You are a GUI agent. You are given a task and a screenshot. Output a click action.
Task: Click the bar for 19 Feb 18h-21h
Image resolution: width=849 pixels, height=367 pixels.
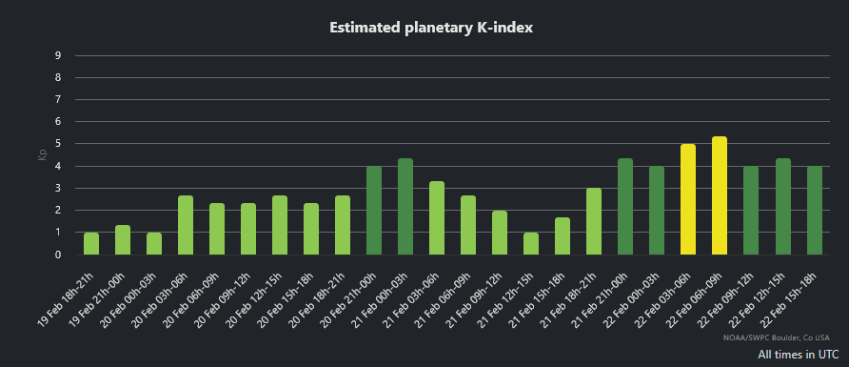point(91,244)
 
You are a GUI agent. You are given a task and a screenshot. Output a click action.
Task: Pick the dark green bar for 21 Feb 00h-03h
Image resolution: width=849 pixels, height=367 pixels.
point(405,207)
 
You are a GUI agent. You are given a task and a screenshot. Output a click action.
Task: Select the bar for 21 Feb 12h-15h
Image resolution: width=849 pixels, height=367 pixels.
point(531,244)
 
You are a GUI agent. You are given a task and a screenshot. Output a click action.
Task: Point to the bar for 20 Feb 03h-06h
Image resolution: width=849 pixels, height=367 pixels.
point(186,226)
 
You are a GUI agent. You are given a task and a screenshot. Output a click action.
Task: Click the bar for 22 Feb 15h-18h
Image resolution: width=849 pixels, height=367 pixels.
point(814,211)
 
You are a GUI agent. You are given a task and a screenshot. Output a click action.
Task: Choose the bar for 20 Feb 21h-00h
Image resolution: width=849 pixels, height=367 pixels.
point(374,211)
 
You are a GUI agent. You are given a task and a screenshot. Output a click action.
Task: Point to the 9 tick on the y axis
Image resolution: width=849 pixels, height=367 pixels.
point(58,55)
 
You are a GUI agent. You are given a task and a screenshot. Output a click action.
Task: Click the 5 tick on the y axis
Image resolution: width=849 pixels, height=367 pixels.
point(58,144)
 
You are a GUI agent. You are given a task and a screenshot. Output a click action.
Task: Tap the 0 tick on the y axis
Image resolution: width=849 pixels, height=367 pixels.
point(58,255)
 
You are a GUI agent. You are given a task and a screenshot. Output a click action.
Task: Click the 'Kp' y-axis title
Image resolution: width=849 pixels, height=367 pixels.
point(42,154)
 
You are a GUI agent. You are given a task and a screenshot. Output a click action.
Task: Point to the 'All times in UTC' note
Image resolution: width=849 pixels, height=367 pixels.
point(800,355)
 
